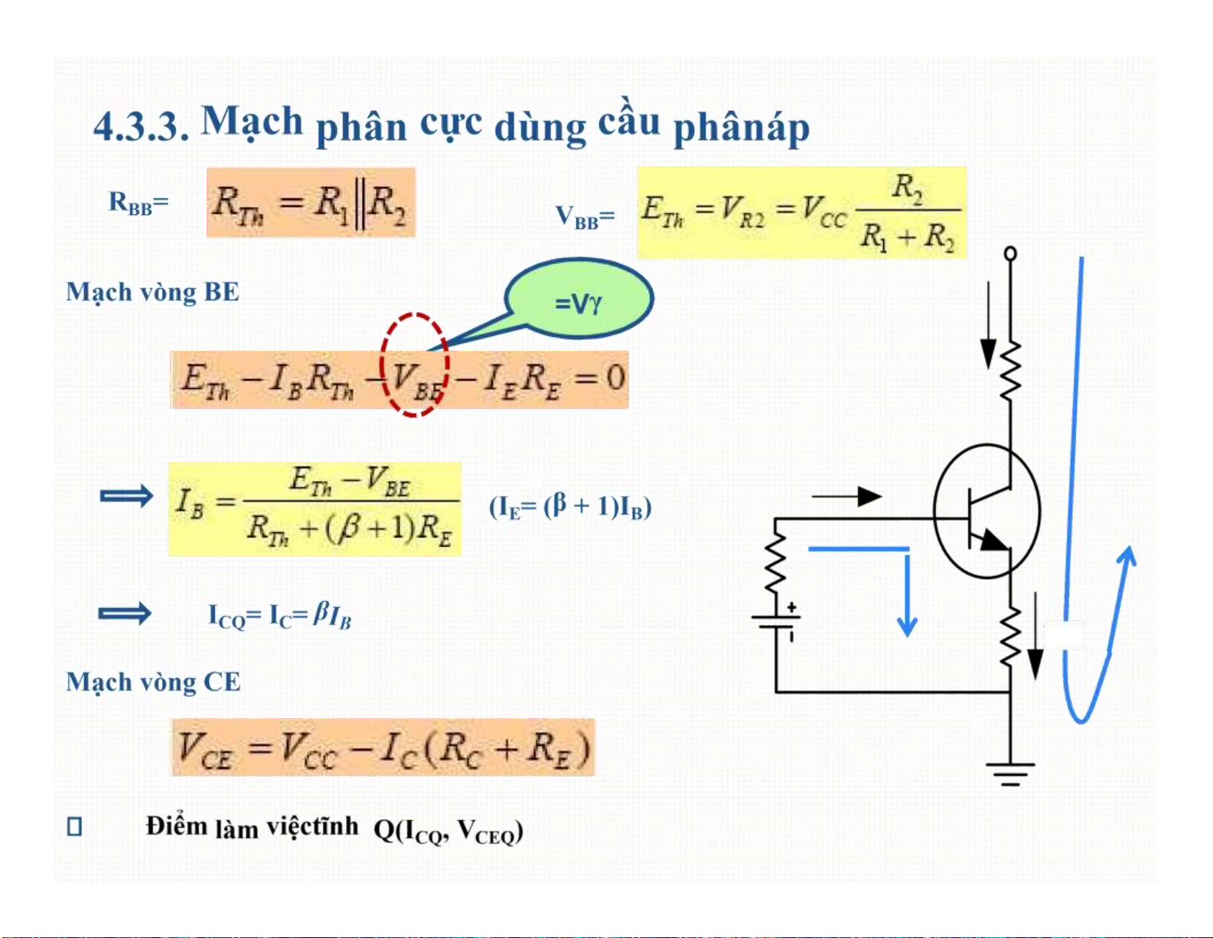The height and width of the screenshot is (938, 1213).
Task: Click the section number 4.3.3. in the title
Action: point(141,126)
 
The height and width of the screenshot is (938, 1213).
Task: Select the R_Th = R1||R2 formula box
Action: point(311,202)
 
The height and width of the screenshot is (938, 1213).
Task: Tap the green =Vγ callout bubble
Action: point(579,299)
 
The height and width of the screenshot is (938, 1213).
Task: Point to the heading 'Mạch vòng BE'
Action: point(152,292)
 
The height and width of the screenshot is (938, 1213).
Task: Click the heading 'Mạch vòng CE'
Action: point(153,681)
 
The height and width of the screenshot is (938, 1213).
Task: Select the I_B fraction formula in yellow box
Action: point(315,508)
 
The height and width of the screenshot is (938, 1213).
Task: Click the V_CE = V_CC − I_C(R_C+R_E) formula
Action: point(383,747)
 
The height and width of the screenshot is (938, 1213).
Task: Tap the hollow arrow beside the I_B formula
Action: point(126,495)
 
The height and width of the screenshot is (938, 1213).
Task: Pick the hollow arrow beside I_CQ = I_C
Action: point(125,614)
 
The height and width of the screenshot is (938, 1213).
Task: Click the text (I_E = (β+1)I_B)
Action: point(570,507)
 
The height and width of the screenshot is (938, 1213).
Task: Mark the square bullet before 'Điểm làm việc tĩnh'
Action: point(74,827)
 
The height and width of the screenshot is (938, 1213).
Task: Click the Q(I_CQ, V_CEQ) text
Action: point(448,831)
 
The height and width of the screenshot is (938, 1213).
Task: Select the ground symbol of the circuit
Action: point(1010,774)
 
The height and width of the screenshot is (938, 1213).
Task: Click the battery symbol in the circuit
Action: point(776,621)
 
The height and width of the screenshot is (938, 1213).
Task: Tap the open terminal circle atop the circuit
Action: point(1010,254)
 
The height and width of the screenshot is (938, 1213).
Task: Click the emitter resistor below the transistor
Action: point(1010,637)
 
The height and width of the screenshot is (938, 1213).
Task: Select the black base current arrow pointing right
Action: point(847,496)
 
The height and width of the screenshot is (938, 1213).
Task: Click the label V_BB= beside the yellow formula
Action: point(585,217)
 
